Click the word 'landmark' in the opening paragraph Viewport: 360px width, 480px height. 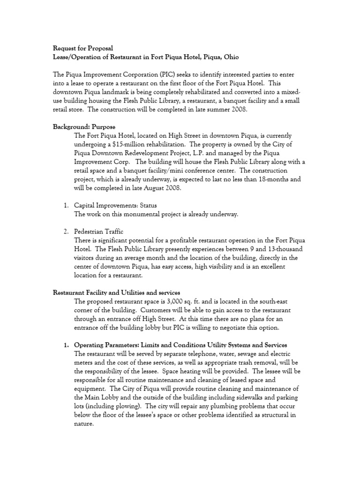coord(112,93)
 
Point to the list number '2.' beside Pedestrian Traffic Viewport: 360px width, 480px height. coord(66,232)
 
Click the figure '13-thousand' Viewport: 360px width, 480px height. coord(283,249)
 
